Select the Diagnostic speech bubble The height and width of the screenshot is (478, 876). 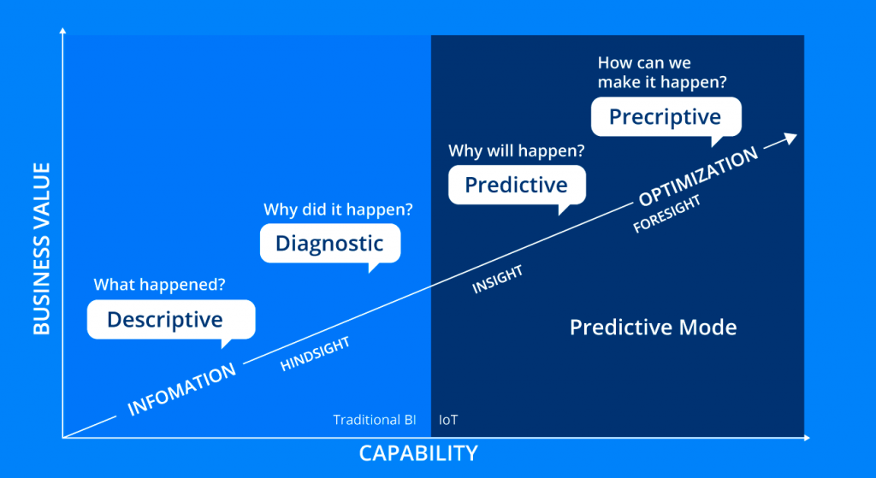pyautogui.click(x=329, y=243)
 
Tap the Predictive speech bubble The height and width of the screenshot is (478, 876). pyautogui.click(x=516, y=185)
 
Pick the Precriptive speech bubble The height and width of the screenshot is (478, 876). pyautogui.click(x=665, y=117)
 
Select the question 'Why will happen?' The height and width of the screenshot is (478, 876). pyautogui.click(x=517, y=151)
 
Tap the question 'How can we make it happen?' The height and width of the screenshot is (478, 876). pyautogui.click(x=655, y=73)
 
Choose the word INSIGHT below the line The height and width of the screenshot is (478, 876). pyautogui.click(x=497, y=280)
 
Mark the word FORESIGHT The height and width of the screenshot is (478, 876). pyautogui.click(x=667, y=214)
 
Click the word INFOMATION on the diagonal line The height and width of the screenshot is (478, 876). pyautogui.click(x=181, y=390)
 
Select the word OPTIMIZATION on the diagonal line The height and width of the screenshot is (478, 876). pyautogui.click(x=698, y=177)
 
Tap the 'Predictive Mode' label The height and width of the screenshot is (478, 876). pyautogui.click(x=653, y=328)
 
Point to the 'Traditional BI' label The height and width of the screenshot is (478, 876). pyautogui.click(x=375, y=420)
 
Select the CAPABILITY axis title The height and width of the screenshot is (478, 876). pyautogui.click(x=417, y=453)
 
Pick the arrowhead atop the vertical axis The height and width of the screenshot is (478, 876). pyautogui.click(x=63, y=32)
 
